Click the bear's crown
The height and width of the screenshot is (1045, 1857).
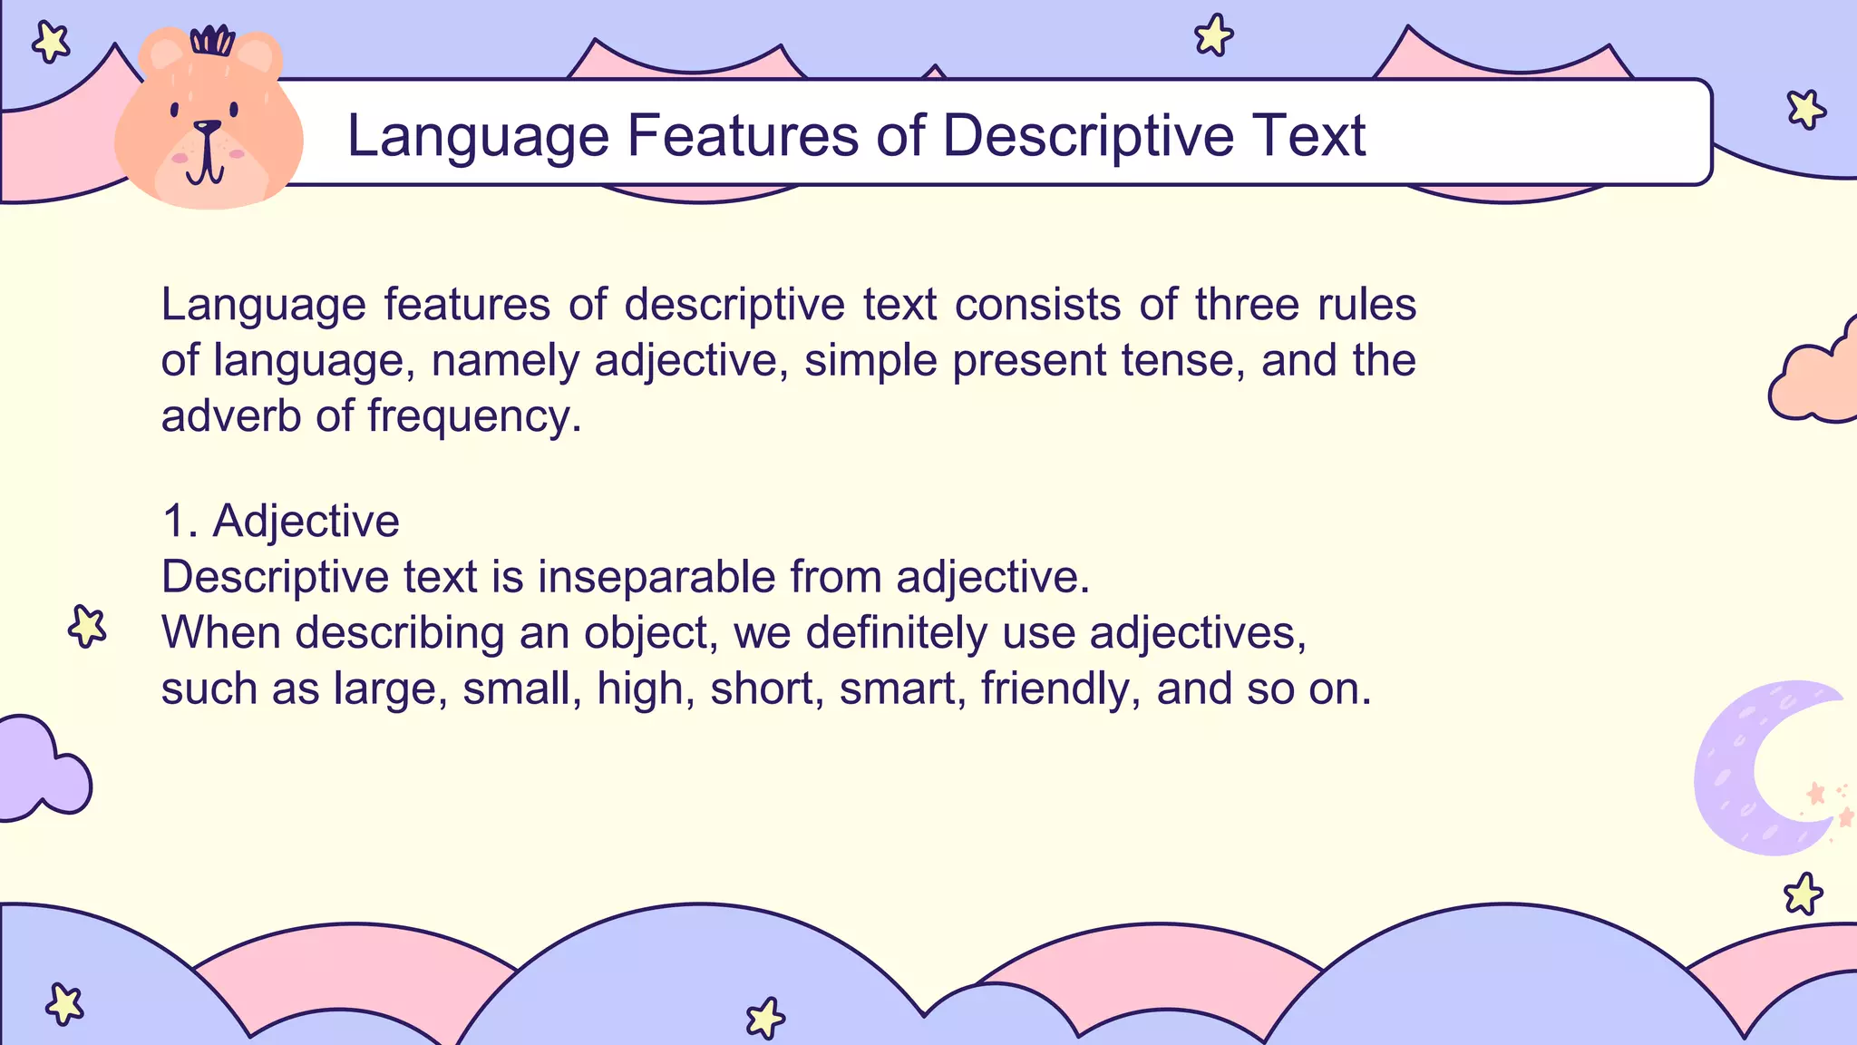coord(212,41)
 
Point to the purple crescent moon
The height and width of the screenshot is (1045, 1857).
coord(1750,771)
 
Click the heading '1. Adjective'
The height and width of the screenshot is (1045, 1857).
coord(280,521)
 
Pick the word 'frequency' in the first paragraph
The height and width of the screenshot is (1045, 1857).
coord(474,416)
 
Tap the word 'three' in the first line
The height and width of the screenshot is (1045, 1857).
coord(1247,304)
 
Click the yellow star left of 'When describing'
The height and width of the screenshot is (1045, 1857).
coord(87,626)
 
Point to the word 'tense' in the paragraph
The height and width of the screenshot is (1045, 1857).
coord(1182,360)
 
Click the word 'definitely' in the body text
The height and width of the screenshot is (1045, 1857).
coord(896,632)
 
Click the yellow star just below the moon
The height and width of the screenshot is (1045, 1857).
coord(1803,894)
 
